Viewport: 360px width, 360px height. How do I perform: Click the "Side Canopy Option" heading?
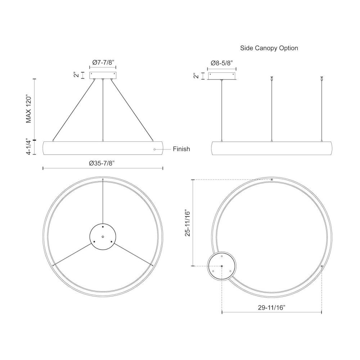[x=269, y=48]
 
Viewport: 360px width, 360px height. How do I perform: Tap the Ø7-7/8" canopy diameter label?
[x=103, y=62]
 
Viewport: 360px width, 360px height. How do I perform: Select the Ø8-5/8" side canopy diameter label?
[x=222, y=63]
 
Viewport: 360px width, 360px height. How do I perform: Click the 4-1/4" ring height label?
[x=28, y=147]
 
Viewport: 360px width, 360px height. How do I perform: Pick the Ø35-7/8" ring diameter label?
[x=102, y=163]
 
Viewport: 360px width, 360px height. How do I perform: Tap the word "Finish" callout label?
[x=181, y=149]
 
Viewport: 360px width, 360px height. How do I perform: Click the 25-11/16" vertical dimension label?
[x=188, y=223]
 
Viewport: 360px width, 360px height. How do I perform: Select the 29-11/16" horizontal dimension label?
[x=271, y=308]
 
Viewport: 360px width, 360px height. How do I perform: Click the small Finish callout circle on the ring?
[x=154, y=149]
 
